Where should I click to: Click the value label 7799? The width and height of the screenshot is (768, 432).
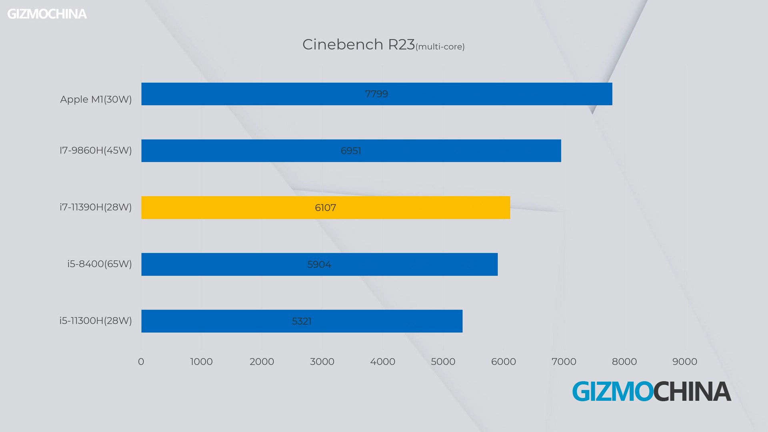(376, 94)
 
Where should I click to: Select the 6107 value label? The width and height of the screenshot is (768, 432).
(325, 208)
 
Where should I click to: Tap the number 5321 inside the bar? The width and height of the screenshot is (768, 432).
(302, 321)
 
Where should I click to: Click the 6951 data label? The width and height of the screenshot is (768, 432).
(351, 151)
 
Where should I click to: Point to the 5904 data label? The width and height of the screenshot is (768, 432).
(319, 264)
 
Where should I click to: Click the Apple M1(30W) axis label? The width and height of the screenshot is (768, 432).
(96, 99)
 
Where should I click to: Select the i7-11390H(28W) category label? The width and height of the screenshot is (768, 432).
(96, 207)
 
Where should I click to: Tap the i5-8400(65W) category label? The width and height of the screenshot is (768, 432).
(100, 264)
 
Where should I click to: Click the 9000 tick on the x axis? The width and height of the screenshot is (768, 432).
(684, 362)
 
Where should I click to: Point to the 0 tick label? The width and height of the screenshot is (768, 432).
(141, 362)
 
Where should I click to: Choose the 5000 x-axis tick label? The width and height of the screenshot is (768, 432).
(443, 362)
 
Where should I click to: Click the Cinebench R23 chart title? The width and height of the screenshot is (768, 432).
(358, 44)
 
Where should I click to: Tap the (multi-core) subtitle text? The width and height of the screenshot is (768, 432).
(440, 47)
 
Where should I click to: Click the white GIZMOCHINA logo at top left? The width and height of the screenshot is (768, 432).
(47, 14)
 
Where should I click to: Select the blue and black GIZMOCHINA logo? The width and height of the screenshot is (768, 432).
(652, 391)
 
